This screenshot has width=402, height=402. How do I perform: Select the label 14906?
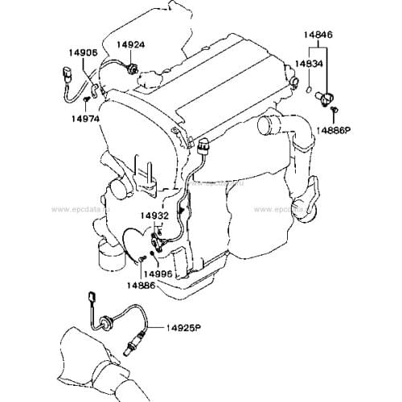point(83,52)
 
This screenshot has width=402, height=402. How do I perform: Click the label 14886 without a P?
point(140,284)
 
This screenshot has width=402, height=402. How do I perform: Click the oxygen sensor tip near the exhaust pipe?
point(129,347)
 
